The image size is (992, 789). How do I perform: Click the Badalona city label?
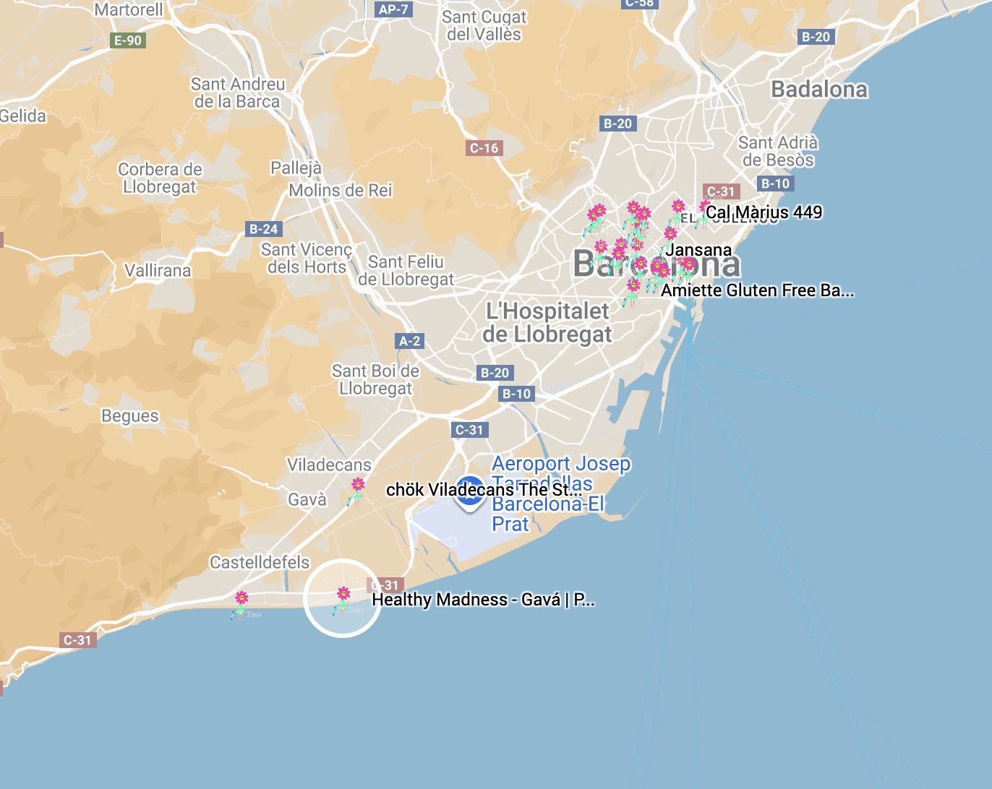pos(819,90)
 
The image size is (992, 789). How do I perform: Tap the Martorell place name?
pos(129,9)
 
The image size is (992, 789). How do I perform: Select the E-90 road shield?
pos(128,40)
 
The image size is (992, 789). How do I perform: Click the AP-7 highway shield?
pos(393,9)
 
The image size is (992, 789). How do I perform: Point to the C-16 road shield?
pos(484,148)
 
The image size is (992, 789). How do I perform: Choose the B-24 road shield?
pos(263,229)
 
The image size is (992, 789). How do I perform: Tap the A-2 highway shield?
pos(409,341)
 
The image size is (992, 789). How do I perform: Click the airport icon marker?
pos(470,491)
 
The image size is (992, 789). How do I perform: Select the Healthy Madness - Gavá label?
pos(483,600)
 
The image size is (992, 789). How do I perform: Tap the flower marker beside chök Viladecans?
pos(358,486)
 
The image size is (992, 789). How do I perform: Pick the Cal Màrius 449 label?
pos(764,212)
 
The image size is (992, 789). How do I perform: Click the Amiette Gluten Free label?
pos(757,290)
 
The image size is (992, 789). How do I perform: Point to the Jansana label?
pos(698,250)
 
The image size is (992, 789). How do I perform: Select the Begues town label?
pos(129,416)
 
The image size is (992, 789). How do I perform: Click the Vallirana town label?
pos(158,271)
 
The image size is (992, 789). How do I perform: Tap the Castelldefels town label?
pos(260,562)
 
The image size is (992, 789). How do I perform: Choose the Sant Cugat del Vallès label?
pos(484,25)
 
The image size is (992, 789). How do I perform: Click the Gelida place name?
pos(22,116)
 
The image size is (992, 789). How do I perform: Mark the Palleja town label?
pos(296,168)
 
